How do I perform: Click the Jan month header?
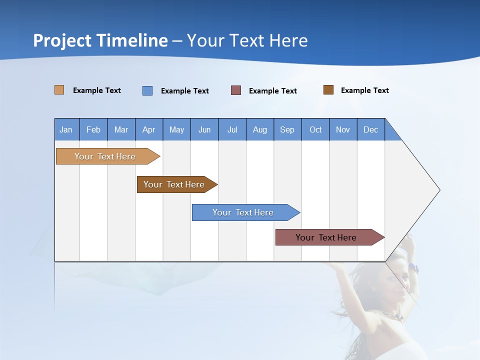point(66,129)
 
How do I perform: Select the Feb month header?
point(93,129)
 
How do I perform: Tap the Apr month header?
point(148,129)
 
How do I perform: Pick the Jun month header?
point(204,129)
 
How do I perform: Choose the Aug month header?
point(259,129)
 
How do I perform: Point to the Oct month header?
point(315,129)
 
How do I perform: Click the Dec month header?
point(370,129)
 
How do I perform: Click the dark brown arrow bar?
point(175,184)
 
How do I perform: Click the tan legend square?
point(59,90)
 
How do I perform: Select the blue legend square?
point(147,90)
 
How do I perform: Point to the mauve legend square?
point(236,90)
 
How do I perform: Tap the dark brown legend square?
point(328,90)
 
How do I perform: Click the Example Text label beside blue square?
point(184,91)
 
